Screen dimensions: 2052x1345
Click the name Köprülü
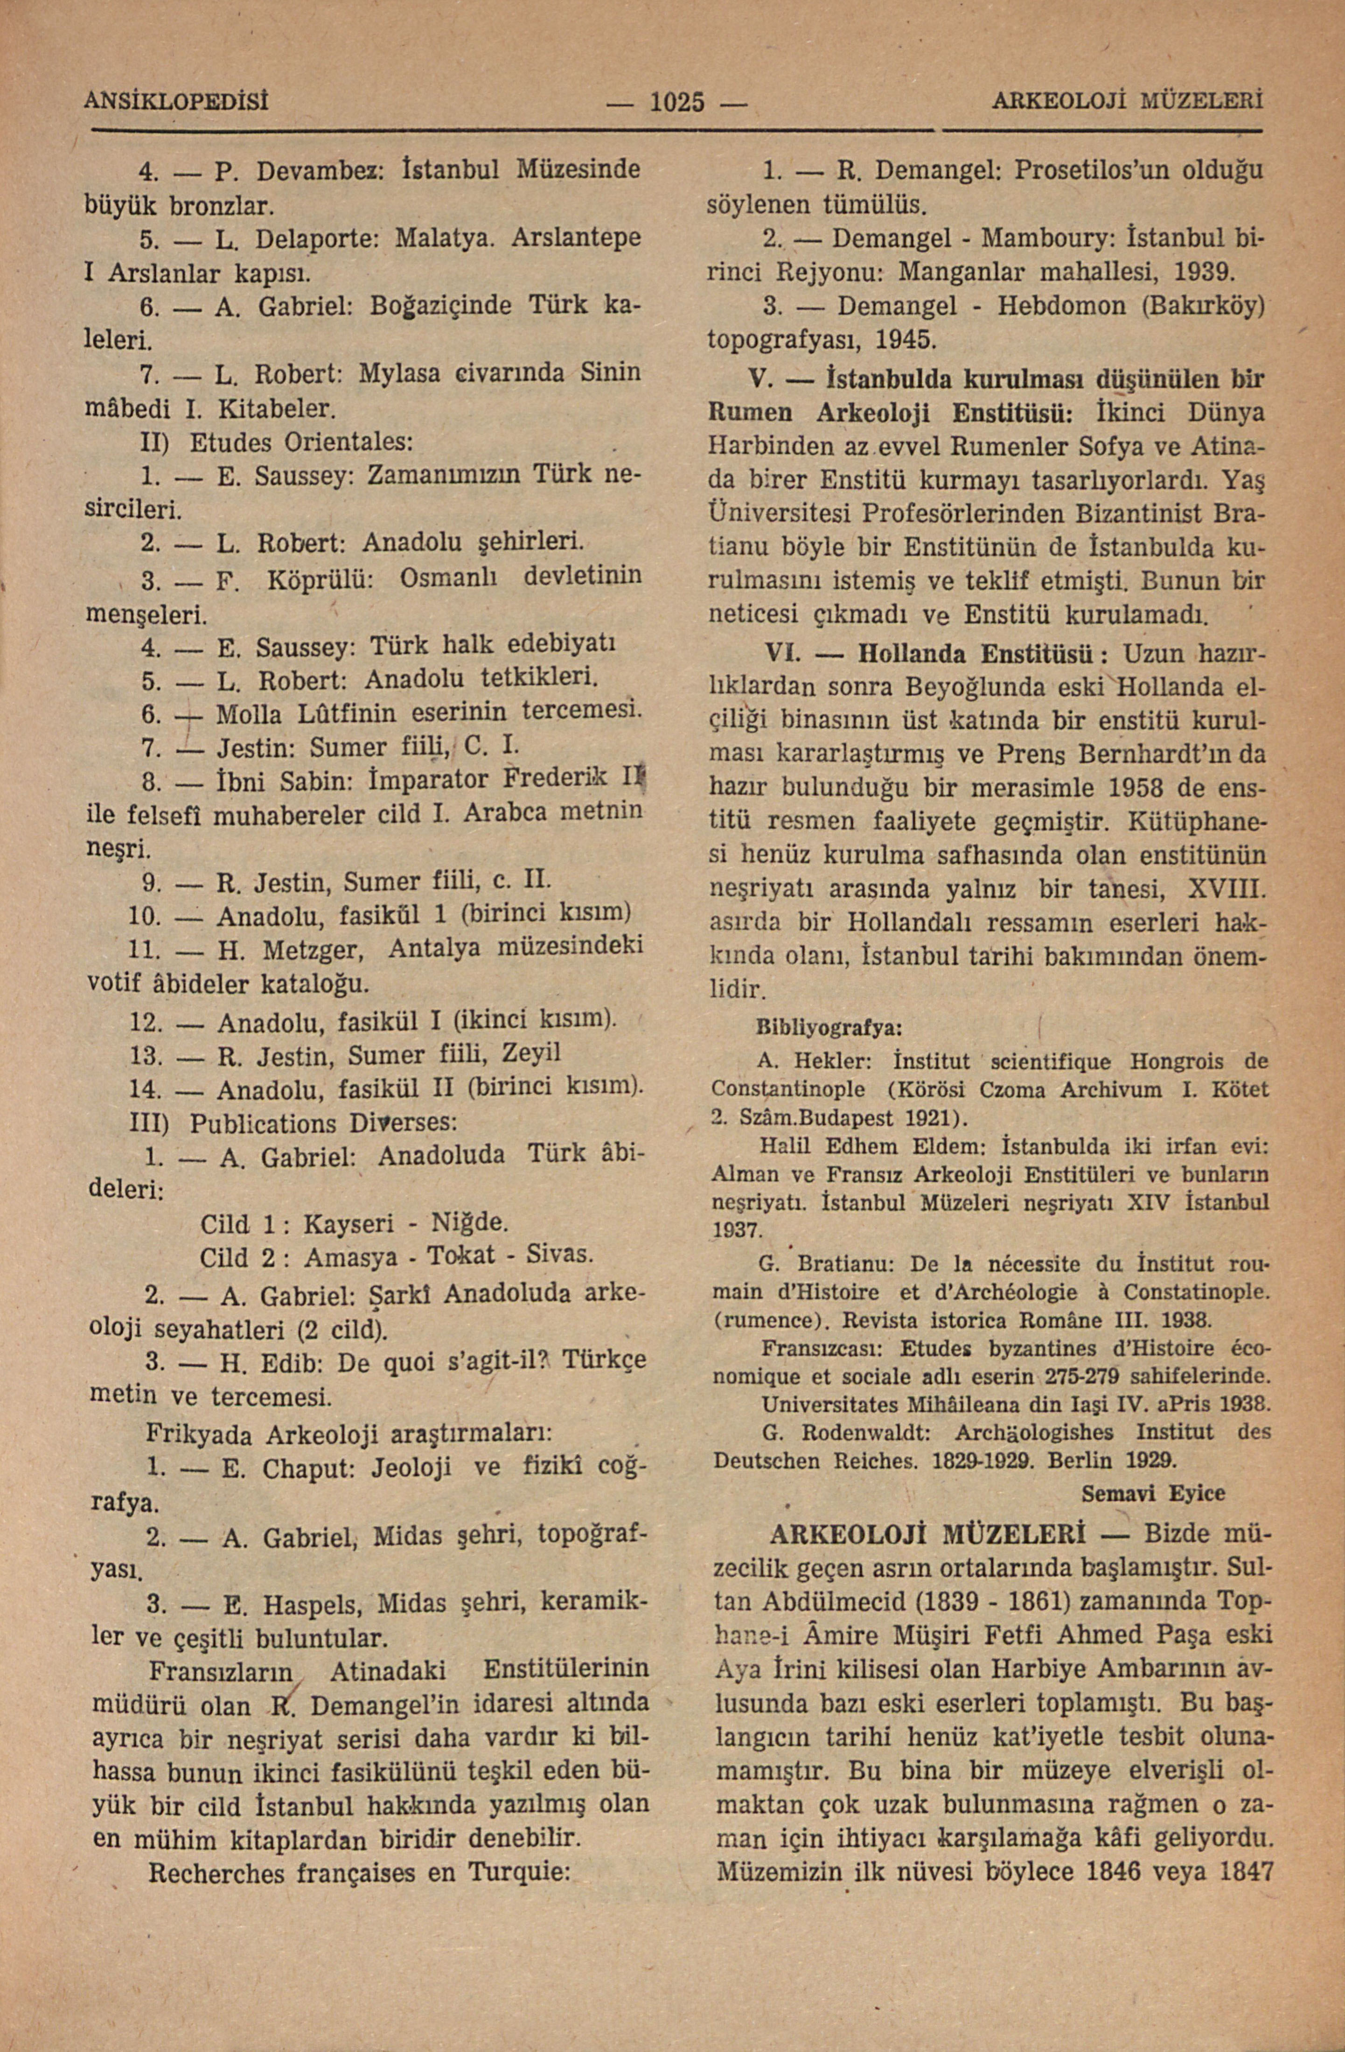[319, 579]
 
